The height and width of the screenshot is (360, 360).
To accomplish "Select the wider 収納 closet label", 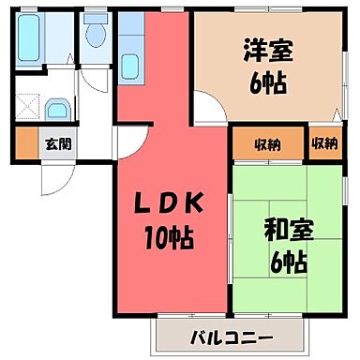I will (x=267, y=143).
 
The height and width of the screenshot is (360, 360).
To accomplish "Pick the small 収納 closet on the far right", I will (x=324, y=143).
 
